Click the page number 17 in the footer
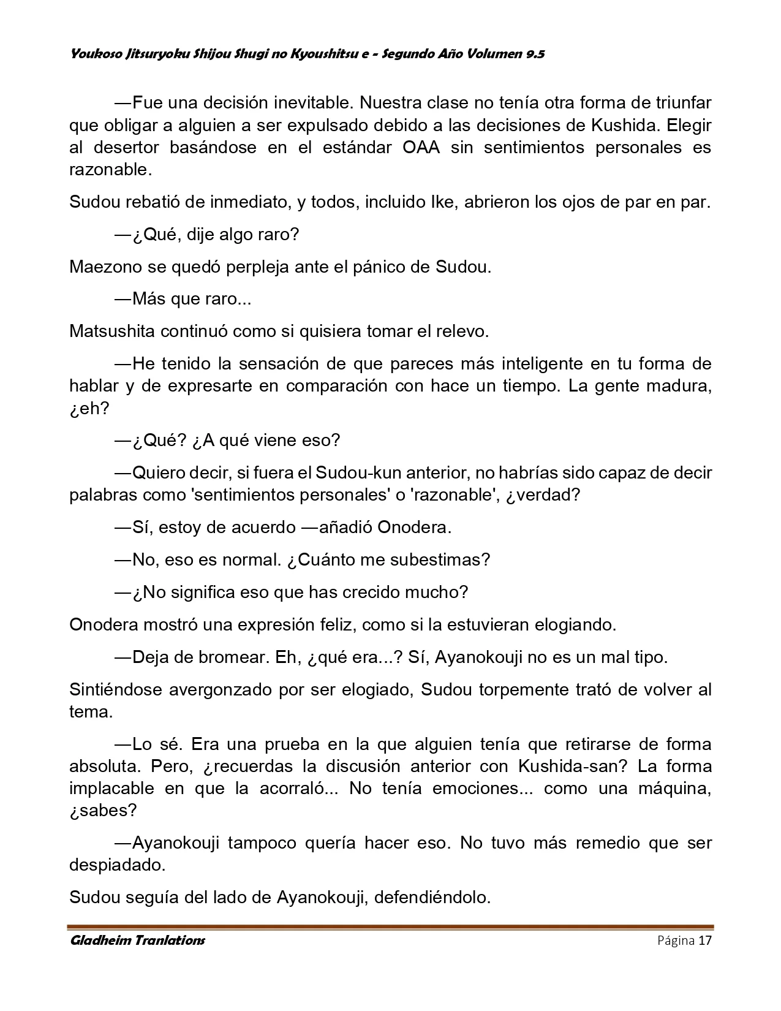point(704,941)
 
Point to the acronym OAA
point(421,148)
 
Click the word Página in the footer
point(676,941)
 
